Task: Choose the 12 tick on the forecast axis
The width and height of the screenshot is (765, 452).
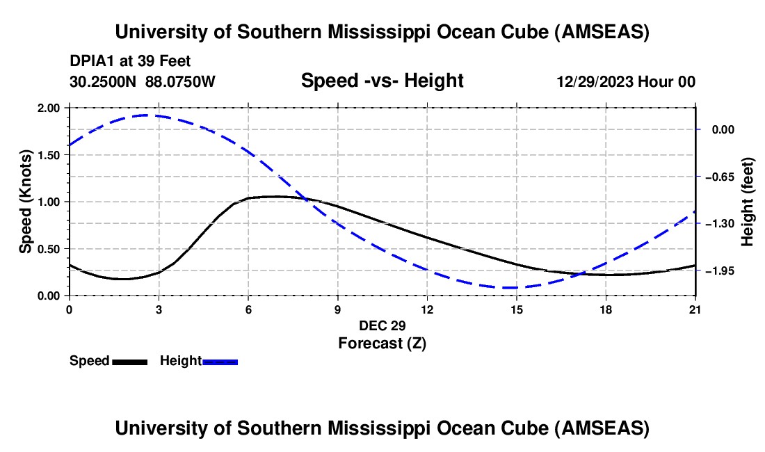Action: coord(427,309)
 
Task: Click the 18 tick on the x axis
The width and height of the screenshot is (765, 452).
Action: coord(606,309)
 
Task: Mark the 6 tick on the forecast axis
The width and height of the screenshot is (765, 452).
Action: coord(248,309)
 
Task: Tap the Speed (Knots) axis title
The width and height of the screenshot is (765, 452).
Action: coord(26,202)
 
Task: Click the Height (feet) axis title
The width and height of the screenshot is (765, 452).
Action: coord(748,202)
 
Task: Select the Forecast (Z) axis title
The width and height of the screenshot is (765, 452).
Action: coord(382,343)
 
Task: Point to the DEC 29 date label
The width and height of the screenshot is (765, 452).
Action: coord(382,325)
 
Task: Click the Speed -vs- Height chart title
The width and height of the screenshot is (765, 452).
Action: coord(382,81)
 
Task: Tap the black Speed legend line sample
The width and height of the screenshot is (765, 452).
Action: coord(129,361)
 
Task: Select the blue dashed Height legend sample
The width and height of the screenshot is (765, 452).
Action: coord(220,361)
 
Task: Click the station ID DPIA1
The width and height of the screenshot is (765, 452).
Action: coord(91,61)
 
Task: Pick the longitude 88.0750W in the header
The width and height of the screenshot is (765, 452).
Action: coord(180,81)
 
